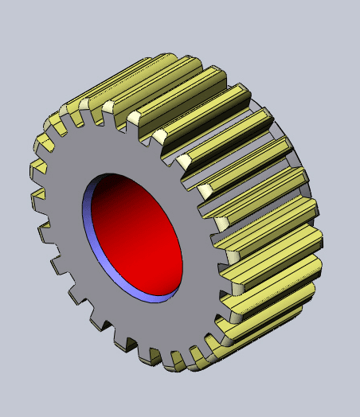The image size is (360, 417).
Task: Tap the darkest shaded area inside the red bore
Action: (x=112, y=191)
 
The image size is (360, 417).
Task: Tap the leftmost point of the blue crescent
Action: (x=84, y=215)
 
